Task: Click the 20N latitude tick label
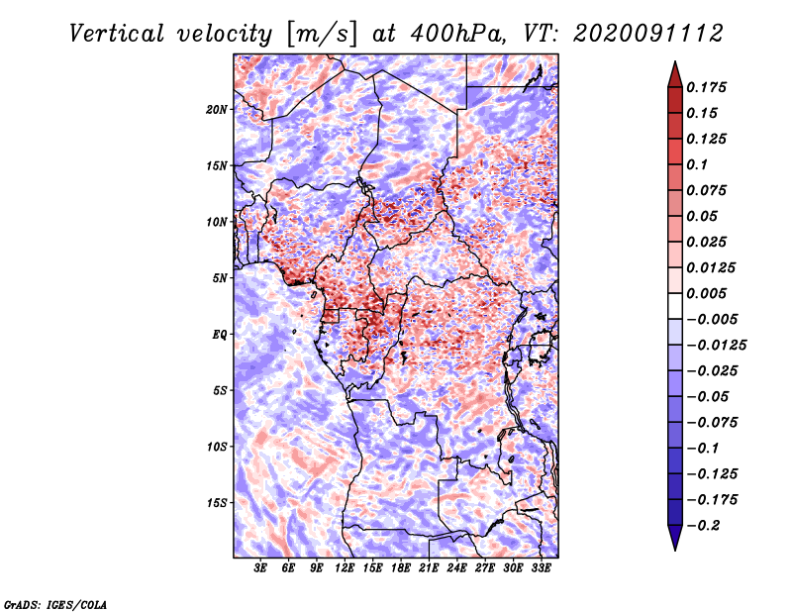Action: coord(217,109)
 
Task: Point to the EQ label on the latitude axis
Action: coord(219,335)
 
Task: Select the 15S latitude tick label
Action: coord(217,503)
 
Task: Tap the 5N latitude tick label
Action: coord(220,278)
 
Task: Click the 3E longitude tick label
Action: coord(261,569)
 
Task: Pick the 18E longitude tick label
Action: coord(401,569)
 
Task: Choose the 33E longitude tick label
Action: coord(541,569)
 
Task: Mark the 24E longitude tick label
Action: coord(456,569)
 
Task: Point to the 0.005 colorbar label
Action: coord(709,294)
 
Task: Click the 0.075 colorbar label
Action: coord(709,190)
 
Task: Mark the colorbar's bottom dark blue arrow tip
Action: coord(673,548)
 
